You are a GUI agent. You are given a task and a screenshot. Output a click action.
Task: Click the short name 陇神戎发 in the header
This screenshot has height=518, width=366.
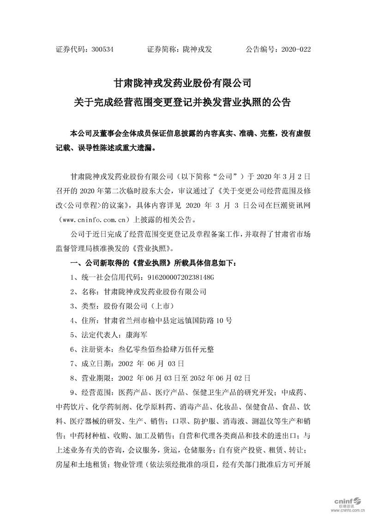(197, 48)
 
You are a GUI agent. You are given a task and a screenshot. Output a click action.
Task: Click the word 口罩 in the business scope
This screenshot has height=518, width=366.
(180, 421)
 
